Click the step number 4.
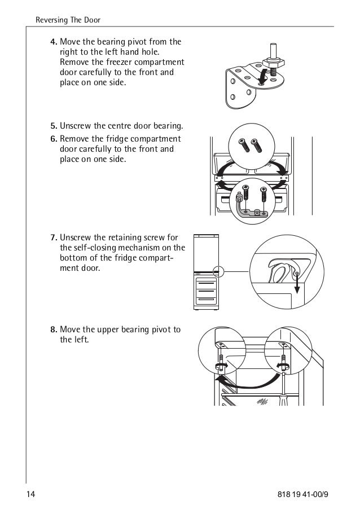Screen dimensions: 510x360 click(x=54, y=42)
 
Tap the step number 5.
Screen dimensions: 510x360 click(x=54, y=125)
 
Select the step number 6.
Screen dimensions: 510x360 click(x=54, y=138)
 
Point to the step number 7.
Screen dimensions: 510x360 click(x=54, y=237)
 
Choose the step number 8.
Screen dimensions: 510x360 click(x=54, y=329)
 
